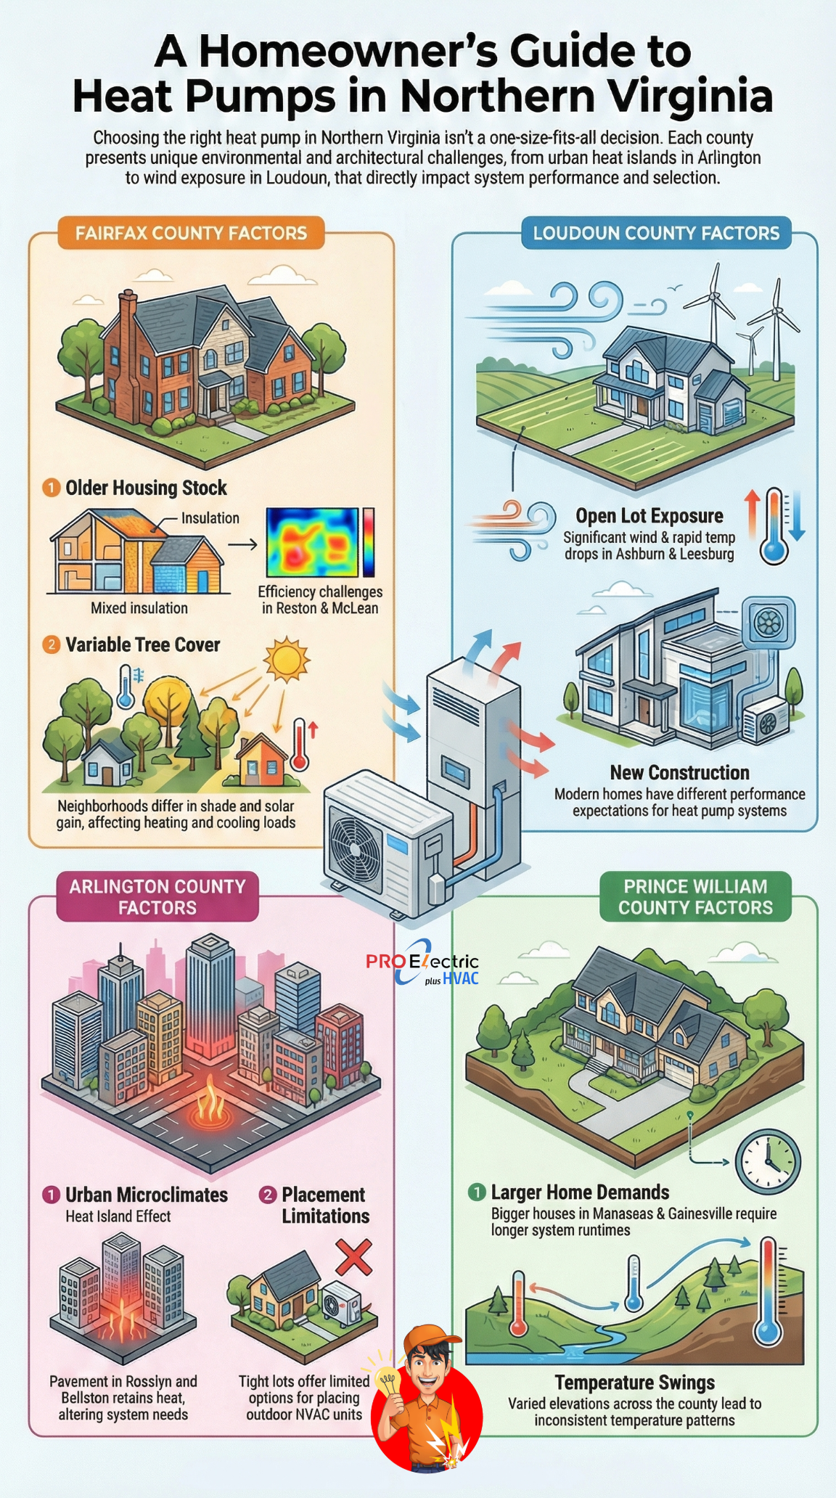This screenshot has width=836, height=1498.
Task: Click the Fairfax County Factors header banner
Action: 191,233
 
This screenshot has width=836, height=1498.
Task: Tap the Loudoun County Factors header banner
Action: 656,233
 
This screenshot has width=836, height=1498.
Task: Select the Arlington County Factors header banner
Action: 157,897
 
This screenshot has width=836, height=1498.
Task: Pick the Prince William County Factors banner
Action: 695,897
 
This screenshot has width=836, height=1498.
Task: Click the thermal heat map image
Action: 313,542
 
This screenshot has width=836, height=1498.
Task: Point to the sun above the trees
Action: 287,659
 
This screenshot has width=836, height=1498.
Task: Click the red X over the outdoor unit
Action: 353,1257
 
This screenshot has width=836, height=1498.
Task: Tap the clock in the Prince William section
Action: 768,1161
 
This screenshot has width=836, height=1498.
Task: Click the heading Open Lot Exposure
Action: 649,516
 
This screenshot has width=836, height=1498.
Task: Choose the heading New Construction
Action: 679,772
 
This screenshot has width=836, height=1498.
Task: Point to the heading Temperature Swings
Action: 635,1383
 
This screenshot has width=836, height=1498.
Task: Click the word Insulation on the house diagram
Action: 210,518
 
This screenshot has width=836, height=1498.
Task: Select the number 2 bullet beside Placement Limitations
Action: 268,1195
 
